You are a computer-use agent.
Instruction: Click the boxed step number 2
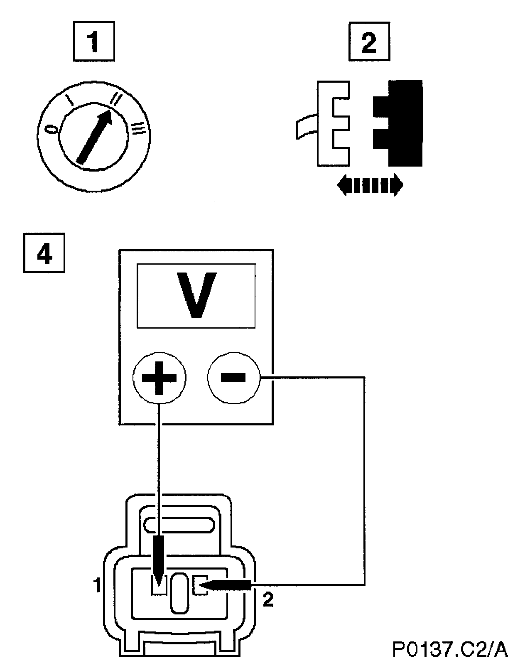pos(369,42)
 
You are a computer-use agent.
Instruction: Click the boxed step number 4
pos(44,253)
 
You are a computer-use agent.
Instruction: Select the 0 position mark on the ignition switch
pos(51,129)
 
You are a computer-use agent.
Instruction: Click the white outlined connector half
pos(332,123)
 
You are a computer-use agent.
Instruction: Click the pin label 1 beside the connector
pos(97,586)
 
